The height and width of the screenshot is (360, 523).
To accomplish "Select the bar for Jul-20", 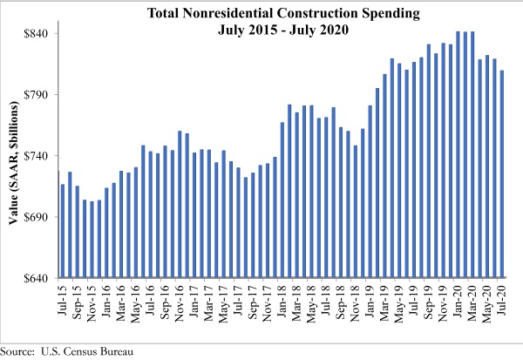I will [502, 174].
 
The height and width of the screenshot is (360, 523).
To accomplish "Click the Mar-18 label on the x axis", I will [297, 300].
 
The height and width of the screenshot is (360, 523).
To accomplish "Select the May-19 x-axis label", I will [400, 300].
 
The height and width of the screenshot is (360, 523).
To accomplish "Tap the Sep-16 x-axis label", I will [166, 300].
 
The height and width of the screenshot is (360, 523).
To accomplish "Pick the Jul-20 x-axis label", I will [502, 300].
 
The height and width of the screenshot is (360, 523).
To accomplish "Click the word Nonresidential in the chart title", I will [252, 13].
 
